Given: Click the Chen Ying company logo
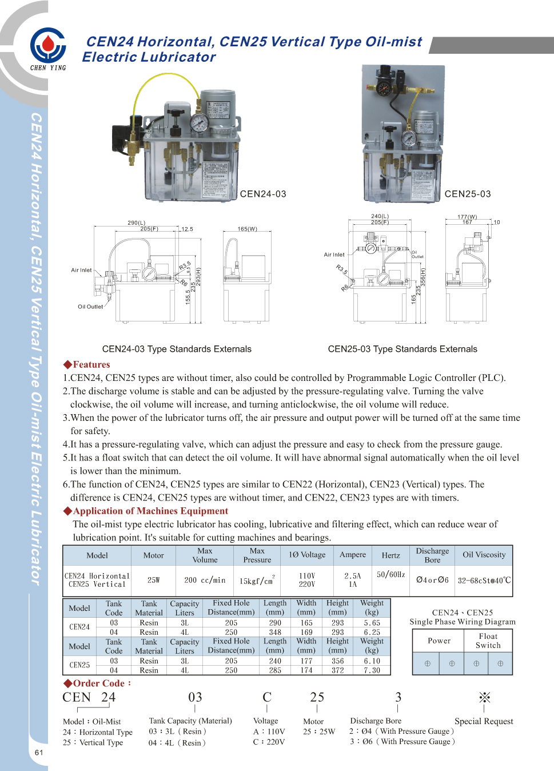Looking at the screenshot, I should pos(48,47).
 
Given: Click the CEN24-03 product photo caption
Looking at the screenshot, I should pos(263,194).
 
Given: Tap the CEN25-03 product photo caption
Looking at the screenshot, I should pos(468,194).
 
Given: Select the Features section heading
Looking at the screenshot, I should pos(87,364).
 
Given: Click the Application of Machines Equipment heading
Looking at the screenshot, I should pos(146,511).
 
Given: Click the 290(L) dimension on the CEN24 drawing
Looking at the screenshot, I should pos(137,222).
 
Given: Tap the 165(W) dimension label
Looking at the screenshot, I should pos(248,229).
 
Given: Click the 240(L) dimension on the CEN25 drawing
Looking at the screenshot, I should pos(380,216).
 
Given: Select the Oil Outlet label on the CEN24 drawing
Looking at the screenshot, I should pos(90,307).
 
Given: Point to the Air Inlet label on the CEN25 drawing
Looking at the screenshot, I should pos(334,255).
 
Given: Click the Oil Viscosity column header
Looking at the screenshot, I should pos(484,555).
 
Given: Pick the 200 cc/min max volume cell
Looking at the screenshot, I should pos(205,580).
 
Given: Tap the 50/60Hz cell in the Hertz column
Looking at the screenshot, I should pos(391,574).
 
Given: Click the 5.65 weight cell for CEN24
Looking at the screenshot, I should pos(372,622).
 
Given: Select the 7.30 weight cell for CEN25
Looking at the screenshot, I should pos(372,670).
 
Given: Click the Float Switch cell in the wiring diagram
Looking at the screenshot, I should pos(488,641).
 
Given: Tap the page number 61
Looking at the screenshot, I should pos(39,752).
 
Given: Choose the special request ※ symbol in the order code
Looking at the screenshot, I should pos(484,697).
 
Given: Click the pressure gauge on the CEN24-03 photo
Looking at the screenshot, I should pos(200,122).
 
